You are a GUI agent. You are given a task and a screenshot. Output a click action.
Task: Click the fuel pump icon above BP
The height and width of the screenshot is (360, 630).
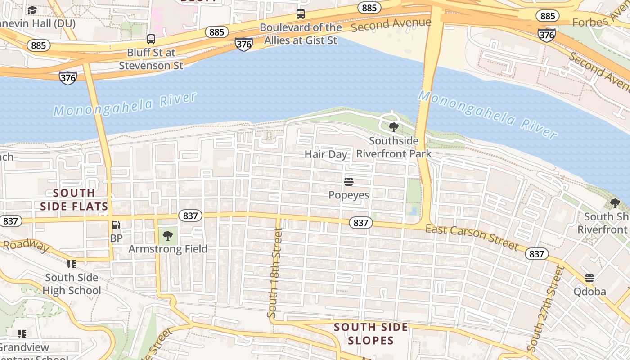pos(116,225)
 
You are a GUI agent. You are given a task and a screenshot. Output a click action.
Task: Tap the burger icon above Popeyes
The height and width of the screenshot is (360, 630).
pos(349,182)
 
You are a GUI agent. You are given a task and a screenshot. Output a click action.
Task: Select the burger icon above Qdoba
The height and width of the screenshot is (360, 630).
pos(589,278)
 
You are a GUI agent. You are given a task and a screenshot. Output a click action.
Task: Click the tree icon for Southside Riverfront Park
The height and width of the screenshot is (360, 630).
pos(394,127)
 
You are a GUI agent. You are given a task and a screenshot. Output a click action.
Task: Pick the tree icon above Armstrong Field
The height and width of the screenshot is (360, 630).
pos(168,235)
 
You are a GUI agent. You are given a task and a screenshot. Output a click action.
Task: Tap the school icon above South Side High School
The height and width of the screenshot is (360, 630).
pos(72,264)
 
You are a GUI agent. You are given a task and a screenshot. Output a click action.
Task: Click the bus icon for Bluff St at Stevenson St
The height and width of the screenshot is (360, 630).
pos(151,39)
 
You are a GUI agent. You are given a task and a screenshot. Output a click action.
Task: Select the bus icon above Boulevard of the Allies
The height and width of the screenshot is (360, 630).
pos(301,14)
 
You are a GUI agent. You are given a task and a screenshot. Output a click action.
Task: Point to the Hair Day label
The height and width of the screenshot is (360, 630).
pos(326,154)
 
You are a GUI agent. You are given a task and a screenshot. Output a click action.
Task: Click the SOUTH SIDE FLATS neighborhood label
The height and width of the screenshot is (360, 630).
pos(74,199)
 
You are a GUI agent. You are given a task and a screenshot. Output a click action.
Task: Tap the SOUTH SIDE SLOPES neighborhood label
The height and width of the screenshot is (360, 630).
pos(371,333)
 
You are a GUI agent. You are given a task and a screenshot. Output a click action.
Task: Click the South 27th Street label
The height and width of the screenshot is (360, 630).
pos(545,308)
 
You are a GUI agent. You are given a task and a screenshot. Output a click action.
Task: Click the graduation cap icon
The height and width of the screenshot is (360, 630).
pos(32,10)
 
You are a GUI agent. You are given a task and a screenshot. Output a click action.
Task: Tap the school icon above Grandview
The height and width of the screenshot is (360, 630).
pos(22,334)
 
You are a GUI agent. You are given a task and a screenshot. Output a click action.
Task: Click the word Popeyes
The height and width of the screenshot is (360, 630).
pos(349,195)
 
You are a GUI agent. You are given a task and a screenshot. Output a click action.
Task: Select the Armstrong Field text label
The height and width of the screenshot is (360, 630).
pos(168,249)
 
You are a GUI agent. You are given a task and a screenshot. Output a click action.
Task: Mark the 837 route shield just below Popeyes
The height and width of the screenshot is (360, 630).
pos(360,223)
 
